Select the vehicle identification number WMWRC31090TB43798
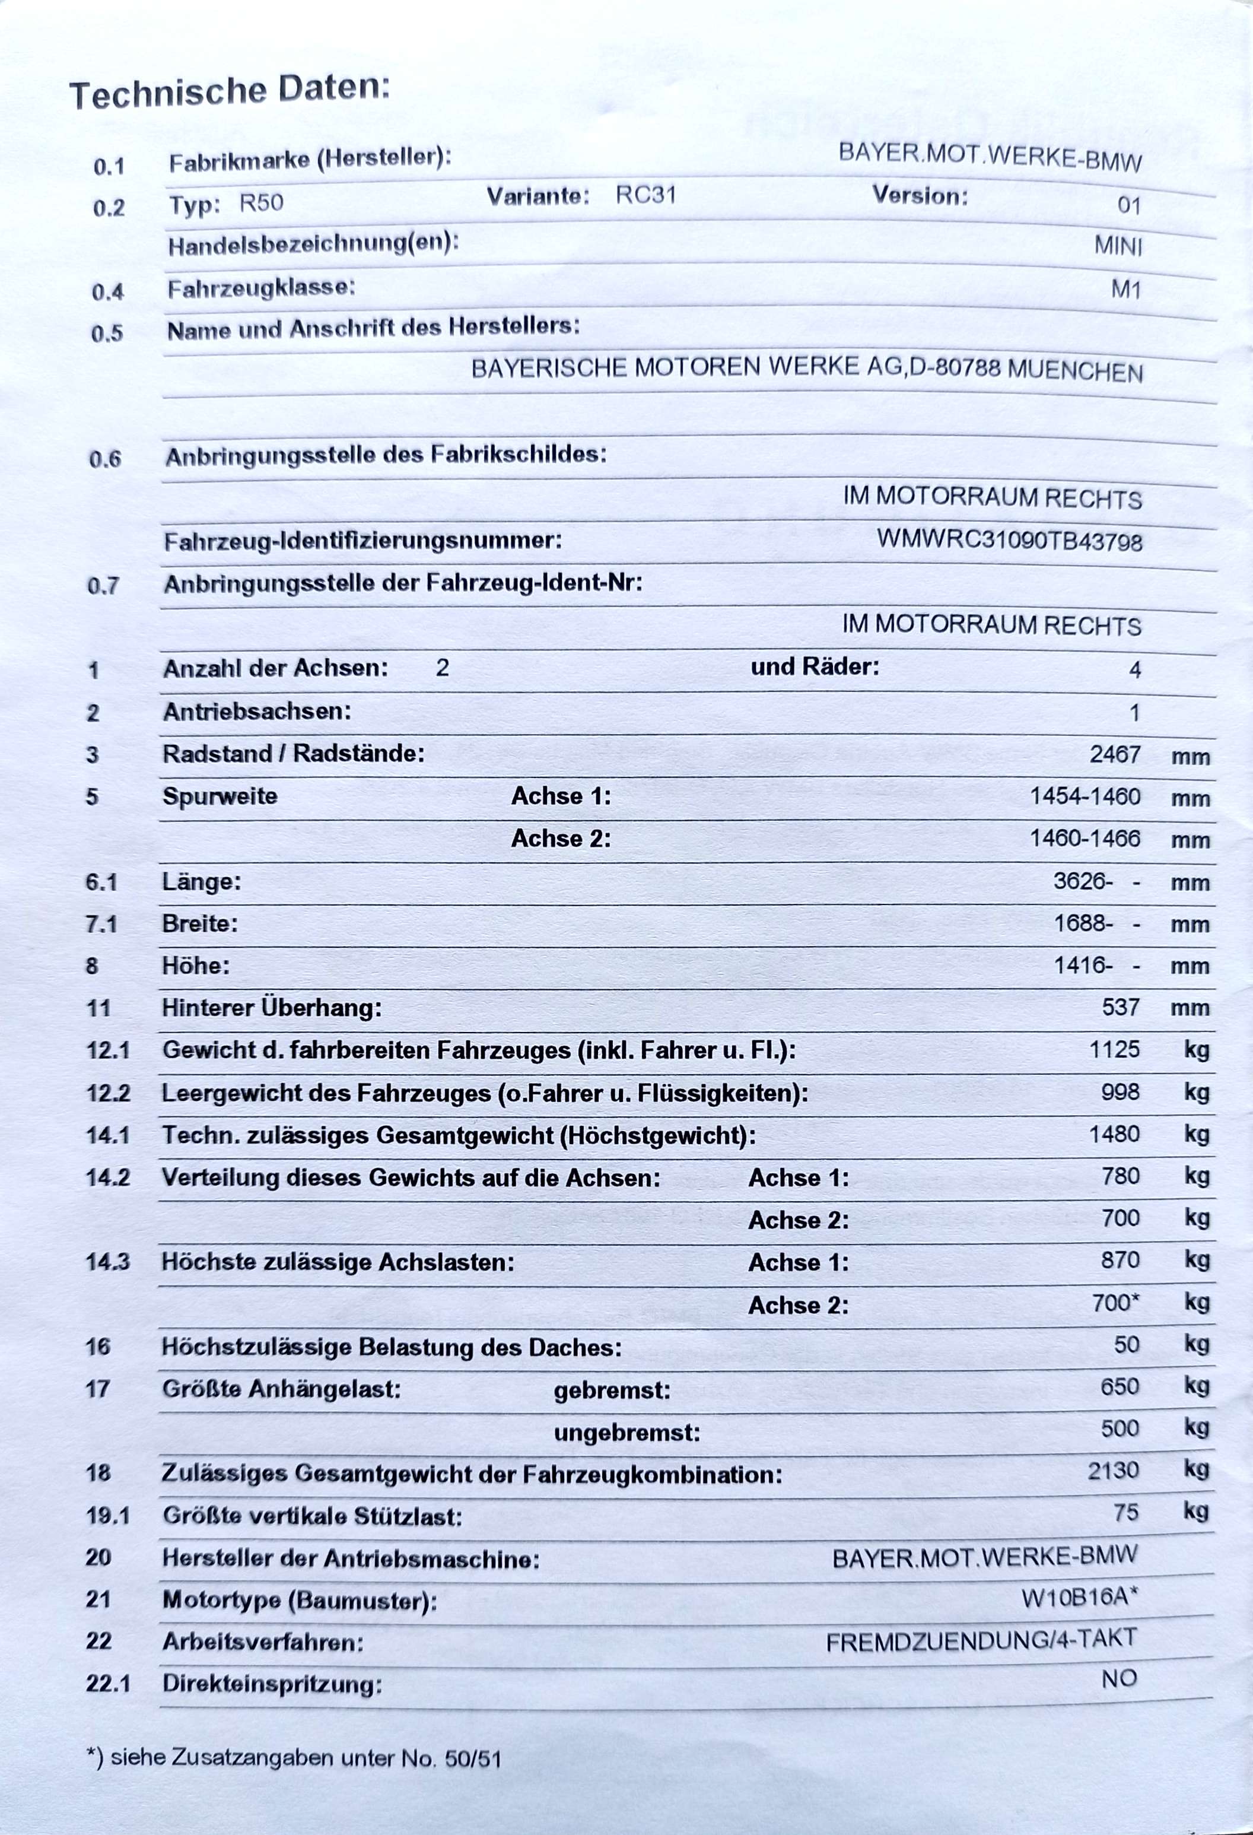pos(1009,541)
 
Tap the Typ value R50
pos(260,203)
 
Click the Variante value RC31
pos(645,195)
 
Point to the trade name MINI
pos(1117,246)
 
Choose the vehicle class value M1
pos(1125,290)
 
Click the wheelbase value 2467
pos(1114,754)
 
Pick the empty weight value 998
pos(1120,1091)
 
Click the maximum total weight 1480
pos(1114,1134)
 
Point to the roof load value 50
pos(1126,1344)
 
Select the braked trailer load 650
pos(1120,1386)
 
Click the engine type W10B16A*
pos(1079,1598)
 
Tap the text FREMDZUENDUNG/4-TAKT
pos(981,1641)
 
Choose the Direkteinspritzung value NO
pos(1119,1679)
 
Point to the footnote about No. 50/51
pos(294,1758)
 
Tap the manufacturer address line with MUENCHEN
pos(806,368)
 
